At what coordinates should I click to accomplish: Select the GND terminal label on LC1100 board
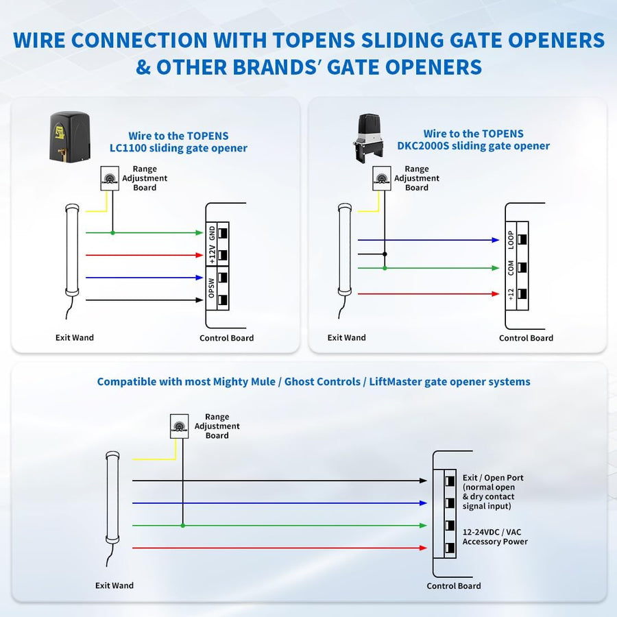[212, 232]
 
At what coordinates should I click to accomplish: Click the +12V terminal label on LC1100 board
[212, 254]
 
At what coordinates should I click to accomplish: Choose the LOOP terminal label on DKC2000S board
[511, 239]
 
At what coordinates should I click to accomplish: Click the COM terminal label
[511, 267]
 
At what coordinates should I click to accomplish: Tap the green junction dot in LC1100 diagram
[113, 232]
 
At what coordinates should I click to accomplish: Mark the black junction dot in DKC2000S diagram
[385, 254]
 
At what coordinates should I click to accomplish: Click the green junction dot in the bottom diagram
[182, 526]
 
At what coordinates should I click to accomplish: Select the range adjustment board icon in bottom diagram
[179, 426]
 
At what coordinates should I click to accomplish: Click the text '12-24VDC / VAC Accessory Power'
[495, 537]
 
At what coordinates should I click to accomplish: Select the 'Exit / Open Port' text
[493, 478]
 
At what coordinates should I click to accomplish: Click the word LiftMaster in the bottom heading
[398, 381]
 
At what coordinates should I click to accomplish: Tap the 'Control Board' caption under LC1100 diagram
[226, 338]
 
